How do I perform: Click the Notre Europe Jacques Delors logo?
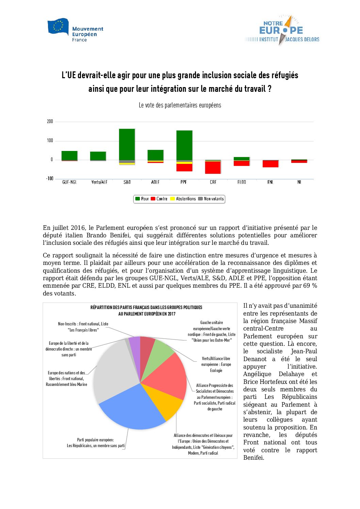pyautogui.click(x=282, y=31)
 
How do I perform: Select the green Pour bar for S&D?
pyautogui.click(x=127, y=144)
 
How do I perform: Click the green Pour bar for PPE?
pyautogui.click(x=184, y=145)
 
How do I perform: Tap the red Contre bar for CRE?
pyautogui.click(x=213, y=167)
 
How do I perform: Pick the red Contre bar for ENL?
pyautogui.click(x=270, y=164)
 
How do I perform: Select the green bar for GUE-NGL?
pyautogui.click(x=69, y=155)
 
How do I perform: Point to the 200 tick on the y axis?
pyautogui.click(x=50, y=121)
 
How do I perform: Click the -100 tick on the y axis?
pyautogui.click(x=50, y=179)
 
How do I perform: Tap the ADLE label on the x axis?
pyautogui.click(x=155, y=182)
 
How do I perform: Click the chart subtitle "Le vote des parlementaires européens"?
pyautogui.click(x=180, y=105)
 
